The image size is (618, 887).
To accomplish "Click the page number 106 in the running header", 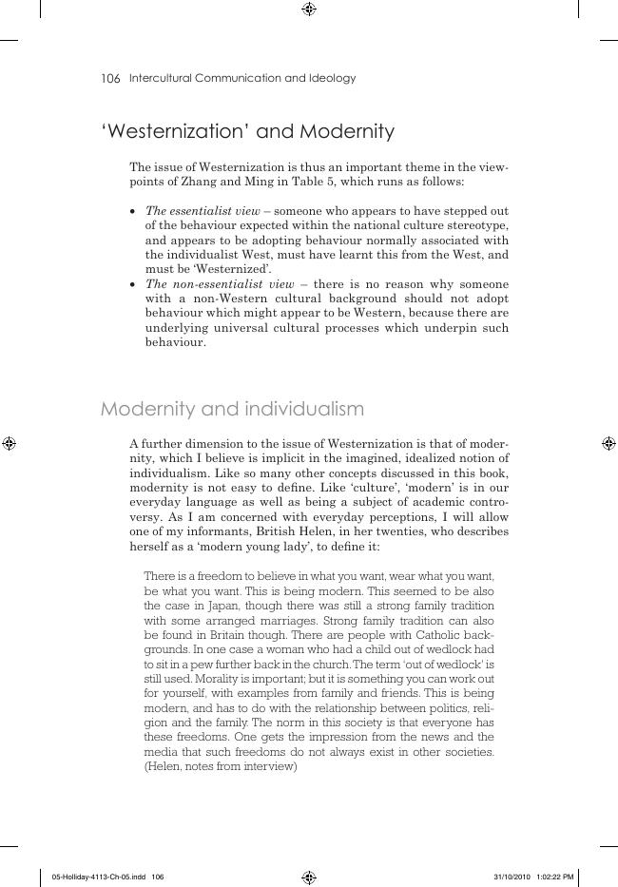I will [x=110, y=79].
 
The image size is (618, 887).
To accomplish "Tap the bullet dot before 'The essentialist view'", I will [x=134, y=211].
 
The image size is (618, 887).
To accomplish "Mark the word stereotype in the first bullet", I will [x=478, y=225].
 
